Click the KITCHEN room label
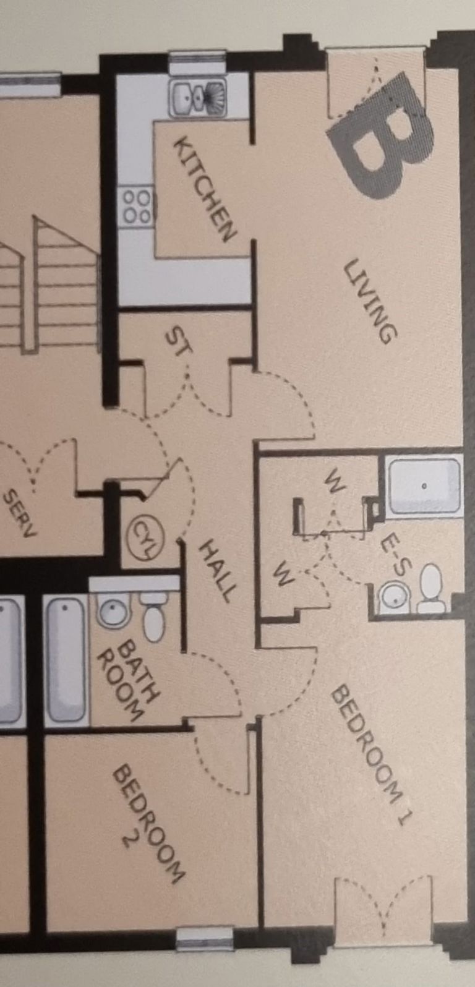click(205, 190)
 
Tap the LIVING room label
click(370, 301)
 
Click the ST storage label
click(179, 342)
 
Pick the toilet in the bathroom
click(153, 617)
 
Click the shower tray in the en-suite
click(424, 485)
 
